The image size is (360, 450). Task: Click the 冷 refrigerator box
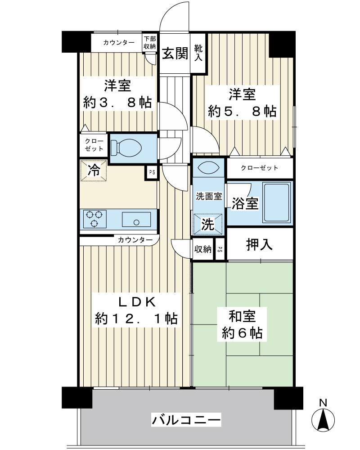(94, 171)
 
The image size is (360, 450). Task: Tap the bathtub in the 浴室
(276, 203)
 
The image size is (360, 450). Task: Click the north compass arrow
(324, 421)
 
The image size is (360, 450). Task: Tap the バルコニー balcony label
(186, 421)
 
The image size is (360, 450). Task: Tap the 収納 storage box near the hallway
(203, 249)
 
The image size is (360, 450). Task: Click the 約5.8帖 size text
(242, 111)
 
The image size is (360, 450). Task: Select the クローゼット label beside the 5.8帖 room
(259, 168)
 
